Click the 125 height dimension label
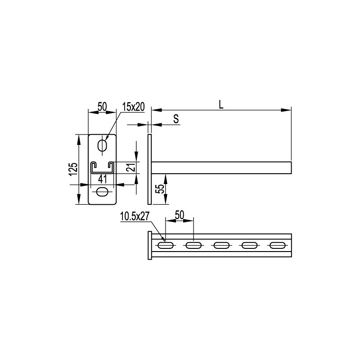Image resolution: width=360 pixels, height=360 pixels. tap(74, 169)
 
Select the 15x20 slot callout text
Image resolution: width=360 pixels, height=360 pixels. tap(133, 107)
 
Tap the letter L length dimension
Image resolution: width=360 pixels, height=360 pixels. tap(221, 104)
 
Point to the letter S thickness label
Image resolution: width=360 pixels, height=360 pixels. tap(176, 119)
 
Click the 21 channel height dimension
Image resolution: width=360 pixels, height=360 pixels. tap(131, 167)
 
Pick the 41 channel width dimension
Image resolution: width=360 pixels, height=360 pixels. tap(103, 179)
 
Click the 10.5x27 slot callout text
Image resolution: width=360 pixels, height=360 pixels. tap(135, 216)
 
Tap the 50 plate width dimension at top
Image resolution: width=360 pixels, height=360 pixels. tap(102, 107)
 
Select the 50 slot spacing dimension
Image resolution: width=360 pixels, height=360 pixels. tap(179, 215)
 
